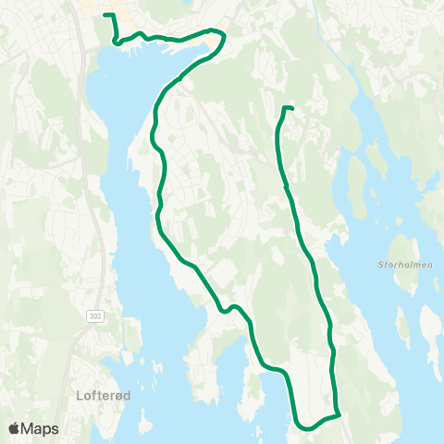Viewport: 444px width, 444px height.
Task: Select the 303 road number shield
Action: coord(96,315)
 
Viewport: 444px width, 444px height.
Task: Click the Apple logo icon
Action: coord(15,427)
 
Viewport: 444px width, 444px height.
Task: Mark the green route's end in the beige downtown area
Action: coord(105,16)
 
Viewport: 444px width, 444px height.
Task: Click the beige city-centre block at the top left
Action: coord(92,9)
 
